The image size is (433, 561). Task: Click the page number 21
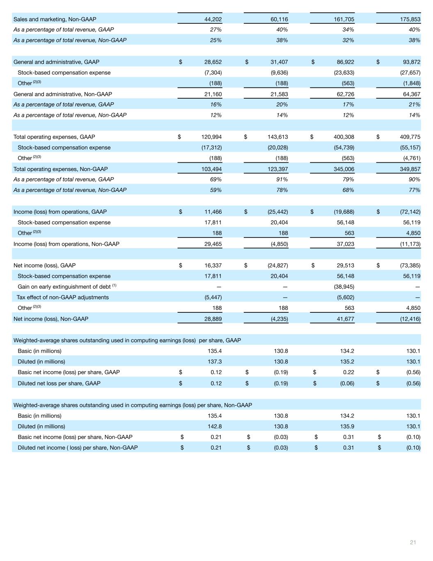412,543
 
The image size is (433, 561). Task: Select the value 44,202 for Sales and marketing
213,19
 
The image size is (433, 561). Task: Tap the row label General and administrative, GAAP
56,62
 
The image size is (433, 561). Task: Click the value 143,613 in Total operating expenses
277,137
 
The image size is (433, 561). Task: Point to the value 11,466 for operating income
213,212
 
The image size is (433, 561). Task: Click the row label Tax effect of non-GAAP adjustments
62,297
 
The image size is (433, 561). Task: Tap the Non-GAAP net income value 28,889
213,319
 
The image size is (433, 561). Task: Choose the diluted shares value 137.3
215,362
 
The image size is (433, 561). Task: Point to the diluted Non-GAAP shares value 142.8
215,426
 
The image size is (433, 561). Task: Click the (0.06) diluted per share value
347,383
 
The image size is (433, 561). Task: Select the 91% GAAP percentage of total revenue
282,180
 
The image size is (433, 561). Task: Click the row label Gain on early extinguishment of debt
64,286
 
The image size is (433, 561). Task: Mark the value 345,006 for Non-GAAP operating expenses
344,169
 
